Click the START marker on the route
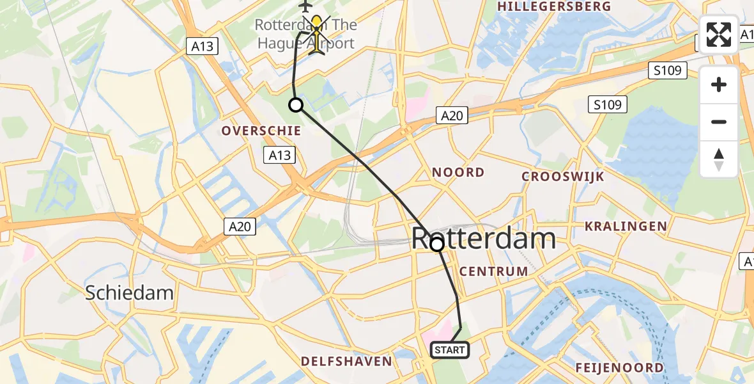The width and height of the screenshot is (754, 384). pyautogui.click(x=450, y=350)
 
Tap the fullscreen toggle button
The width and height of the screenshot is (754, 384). pyautogui.click(x=719, y=35)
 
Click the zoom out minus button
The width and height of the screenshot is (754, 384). pyautogui.click(x=719, y=122)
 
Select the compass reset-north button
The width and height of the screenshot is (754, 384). pyautogui.click(x=719, y=159)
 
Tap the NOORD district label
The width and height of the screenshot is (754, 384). pyautogui.click(x=458, y=172)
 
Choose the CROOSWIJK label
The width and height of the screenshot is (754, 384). pyautogui.click(x=562, y=177)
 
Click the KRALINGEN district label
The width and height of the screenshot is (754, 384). pyautogui.click(x=626, y=226)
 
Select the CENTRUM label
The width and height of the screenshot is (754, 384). pyautogui.click(x=494, y=271)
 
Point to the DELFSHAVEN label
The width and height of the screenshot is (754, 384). pyautogui.click(x=346, y=362)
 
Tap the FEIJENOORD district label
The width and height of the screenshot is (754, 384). pyautogui.click(x=619, y=367)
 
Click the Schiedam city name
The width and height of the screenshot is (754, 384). pyautogui.click(x=130, y=293)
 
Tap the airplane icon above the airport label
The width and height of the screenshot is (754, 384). pyautogui.click(x=305, y=6)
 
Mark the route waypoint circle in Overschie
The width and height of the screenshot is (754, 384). pyautogui.click(x=296, y=105)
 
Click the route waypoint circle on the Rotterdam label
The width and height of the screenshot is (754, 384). pyautogui.click(x=437, y=244)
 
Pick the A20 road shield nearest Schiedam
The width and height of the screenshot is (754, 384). pyautogui.click(x=240, y=226)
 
